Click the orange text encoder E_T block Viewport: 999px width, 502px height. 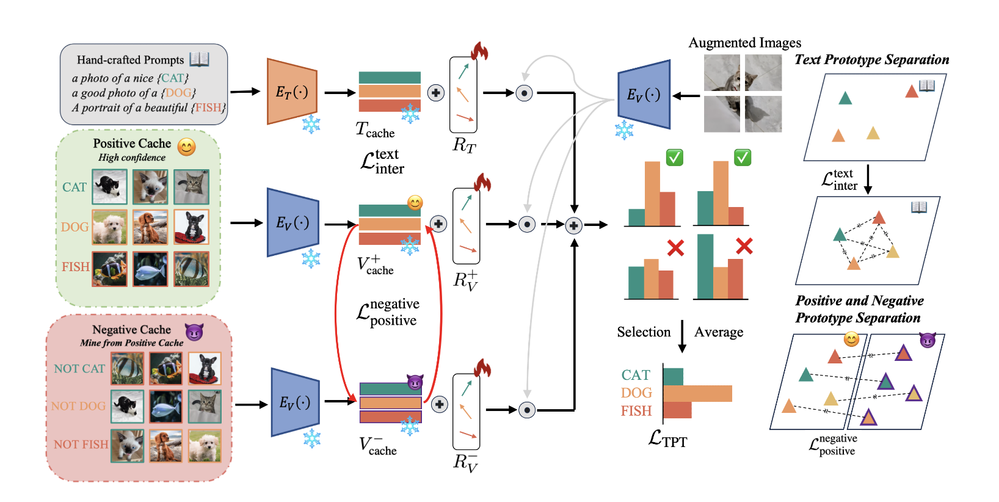(292, 92)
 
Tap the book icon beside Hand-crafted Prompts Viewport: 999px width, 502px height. (199, 59)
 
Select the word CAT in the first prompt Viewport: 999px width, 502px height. (173, 78)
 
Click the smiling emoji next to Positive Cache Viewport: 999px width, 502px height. (186, 147)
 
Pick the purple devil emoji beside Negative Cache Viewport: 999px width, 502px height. (194, 332)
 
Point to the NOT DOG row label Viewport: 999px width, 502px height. (78, 406)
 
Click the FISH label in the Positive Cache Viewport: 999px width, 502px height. (75, 267)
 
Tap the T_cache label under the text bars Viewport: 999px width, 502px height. (375, 130)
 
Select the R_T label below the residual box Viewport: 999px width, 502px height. (463, 145)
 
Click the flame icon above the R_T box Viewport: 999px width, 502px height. (479, 51)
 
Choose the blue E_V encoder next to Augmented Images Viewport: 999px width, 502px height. (644, 95)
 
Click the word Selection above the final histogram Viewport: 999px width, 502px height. (644, 332)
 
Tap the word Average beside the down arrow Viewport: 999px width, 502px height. (719, 332)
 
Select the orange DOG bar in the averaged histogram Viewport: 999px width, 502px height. (697, 393)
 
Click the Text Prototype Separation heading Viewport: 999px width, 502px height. (871, 60)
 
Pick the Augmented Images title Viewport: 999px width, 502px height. (744, 43)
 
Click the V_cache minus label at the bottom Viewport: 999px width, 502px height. (377, 446)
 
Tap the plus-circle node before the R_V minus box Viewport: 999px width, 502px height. (440, 404)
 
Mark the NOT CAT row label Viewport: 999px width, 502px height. (79, 369)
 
